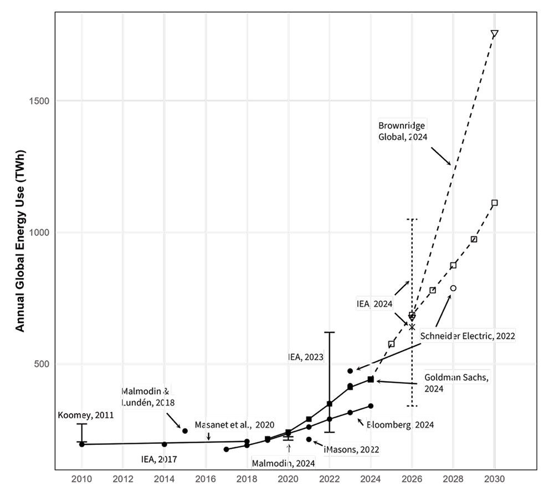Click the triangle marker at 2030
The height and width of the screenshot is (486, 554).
[x=494, y=34]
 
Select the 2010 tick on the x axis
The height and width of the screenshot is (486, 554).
[x=82, y=478]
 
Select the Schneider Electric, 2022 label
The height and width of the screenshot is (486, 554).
[x=468, y=336]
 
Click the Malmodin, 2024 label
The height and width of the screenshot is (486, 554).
[x=283, y=463]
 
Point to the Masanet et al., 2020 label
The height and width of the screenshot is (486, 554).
[x=234, y=424]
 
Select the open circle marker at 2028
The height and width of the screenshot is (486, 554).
[x=453, y=288]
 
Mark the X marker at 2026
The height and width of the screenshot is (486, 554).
[x=412, y=327]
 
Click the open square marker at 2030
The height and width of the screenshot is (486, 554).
[x=494, y=202]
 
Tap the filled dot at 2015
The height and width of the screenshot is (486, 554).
[x=185, y=431]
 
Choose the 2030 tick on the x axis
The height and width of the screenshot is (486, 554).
[x=494, y=478]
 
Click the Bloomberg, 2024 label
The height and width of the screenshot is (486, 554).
[x=400, y=424]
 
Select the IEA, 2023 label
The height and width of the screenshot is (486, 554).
[x=305, y=357]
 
